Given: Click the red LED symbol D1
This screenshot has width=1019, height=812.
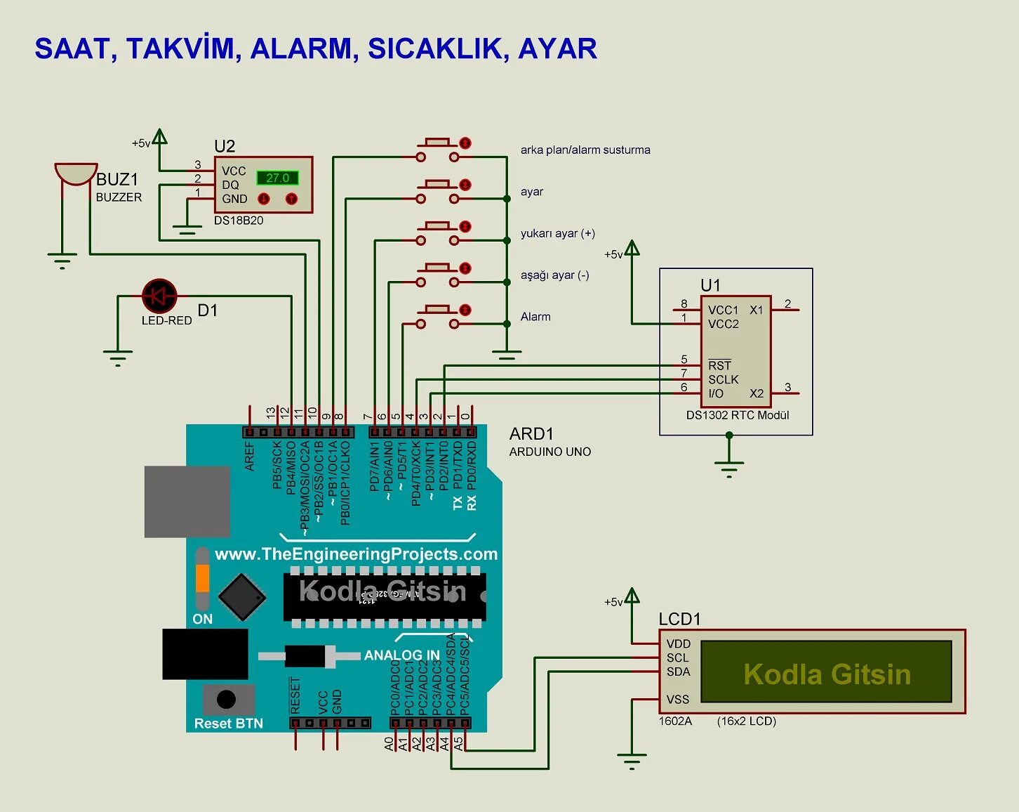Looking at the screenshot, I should click(159, 296).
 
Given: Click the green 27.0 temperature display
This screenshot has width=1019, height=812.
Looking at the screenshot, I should click(277, 178).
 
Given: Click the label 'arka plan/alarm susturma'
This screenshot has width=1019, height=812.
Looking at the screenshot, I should click(585, 150).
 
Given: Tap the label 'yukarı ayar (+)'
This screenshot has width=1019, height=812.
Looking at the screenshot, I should click(557, 233).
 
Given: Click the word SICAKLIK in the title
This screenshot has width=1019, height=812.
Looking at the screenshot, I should click(438, 48).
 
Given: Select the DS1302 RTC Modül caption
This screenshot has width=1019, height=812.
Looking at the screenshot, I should click(738, 415).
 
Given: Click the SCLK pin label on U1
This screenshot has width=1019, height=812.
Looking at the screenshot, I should click(723, 379).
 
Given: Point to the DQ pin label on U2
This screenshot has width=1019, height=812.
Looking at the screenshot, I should click(230, 185).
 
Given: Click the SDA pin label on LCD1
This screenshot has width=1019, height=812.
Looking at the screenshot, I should click(678, 672).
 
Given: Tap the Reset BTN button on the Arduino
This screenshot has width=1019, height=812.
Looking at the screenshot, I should click(226, 700).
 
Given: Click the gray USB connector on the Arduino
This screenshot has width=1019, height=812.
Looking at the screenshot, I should click(187, 502).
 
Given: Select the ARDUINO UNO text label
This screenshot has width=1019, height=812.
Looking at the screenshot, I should click(550, 452).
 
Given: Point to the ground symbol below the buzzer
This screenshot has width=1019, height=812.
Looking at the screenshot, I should click(62, 261).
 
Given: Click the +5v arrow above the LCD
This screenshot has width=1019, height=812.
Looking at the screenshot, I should click(632, 597).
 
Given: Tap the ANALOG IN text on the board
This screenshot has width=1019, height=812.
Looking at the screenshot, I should click(401, 655).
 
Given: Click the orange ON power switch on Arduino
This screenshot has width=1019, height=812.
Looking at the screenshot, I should click(202, 579).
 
